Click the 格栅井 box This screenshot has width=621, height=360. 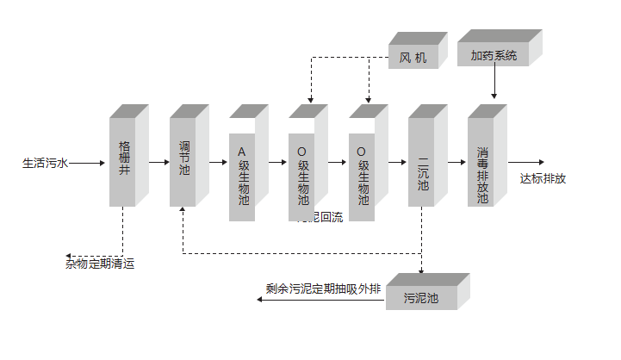tap(123, 161)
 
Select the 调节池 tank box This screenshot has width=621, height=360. tap(183, 161)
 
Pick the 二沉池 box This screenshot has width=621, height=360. tap(422, 161)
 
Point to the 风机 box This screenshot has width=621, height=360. tap(413, 57)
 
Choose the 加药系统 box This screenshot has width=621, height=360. tap(494, 55)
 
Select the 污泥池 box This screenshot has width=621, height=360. tap(421, 298)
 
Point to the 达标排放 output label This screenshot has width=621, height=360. tap(543, 179)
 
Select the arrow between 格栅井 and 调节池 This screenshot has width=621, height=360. tap(159, 161)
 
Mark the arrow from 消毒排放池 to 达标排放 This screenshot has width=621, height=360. tap(525, 161)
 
